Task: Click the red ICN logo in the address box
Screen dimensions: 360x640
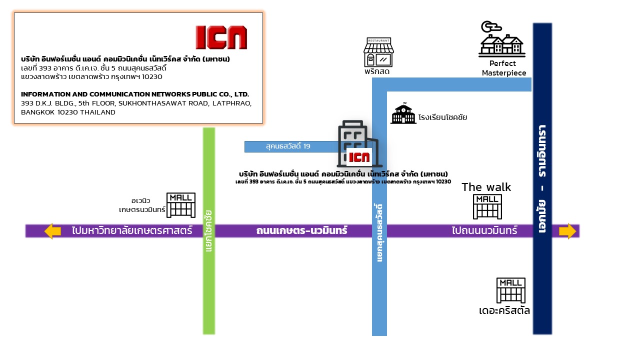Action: coord(221,37)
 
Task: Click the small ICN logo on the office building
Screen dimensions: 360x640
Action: coord(359,157)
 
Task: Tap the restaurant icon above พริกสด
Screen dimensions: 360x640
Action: coord(378,52)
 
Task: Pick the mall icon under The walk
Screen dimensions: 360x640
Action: coord(487,206)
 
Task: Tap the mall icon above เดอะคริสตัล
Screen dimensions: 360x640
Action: coord(510,290)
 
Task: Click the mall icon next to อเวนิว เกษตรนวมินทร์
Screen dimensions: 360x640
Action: coord(180,205)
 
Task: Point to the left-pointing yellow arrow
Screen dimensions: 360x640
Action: coord(52,231)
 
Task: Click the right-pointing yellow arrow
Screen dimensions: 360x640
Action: coord(567,231)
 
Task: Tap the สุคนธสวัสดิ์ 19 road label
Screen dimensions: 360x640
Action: coord(288,146)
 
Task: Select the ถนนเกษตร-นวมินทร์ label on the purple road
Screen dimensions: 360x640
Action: coord(301,231)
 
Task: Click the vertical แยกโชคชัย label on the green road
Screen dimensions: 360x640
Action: coord(208,231)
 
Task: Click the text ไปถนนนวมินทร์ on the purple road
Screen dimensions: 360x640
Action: coord(484,231)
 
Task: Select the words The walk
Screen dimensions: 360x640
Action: coord(486,187)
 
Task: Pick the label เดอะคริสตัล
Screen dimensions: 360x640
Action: coord(504,311)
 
